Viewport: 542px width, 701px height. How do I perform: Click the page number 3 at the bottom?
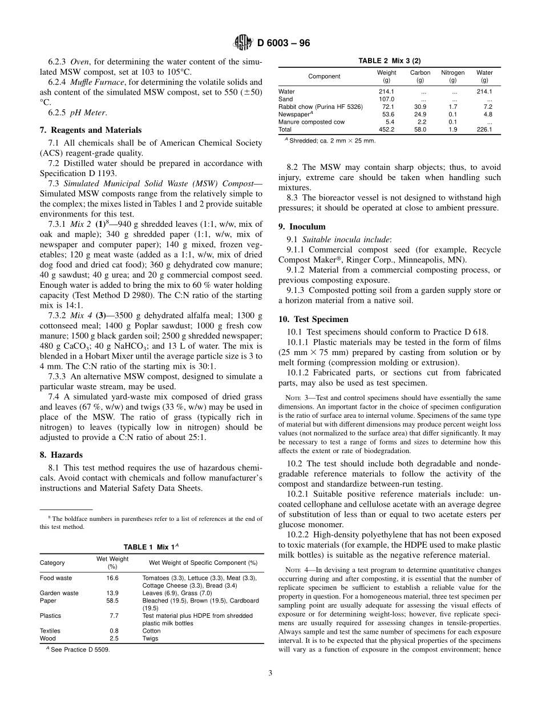pos(270,673)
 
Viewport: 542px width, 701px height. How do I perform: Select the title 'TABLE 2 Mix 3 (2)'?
pos(389,61)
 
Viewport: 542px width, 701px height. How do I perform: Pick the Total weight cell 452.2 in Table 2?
pos(386,129)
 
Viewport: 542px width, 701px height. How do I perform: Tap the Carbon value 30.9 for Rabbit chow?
pos(420,107)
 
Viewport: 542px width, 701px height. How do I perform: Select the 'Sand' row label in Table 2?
pos(285,99)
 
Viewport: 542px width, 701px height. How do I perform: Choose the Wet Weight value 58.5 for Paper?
pos(112,601)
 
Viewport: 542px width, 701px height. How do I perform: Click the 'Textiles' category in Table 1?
pos(51,631)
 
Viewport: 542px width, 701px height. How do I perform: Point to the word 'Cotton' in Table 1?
pos(151,631)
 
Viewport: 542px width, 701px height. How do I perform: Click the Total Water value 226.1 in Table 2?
pos(484,129)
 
